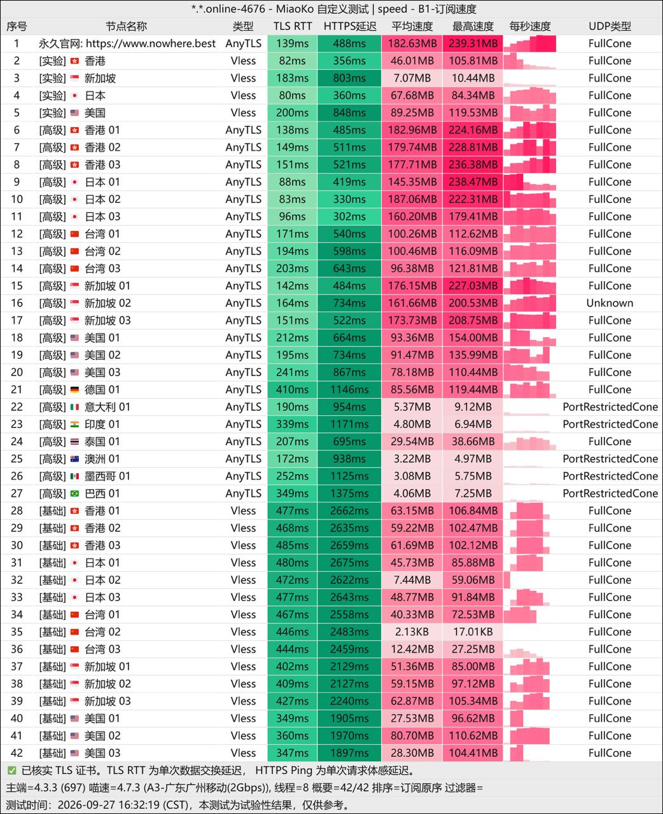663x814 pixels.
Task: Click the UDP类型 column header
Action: (610, 26)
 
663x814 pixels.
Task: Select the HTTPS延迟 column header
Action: (350, 26)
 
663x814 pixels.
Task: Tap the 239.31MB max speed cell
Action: (473, 44)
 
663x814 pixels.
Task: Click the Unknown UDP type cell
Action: (610, 303)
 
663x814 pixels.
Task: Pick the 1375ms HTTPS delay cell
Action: (349, 493)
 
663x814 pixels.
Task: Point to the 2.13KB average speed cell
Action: (412, 631)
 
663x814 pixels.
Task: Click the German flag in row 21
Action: (75, 390)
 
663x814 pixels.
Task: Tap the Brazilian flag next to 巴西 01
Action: (75, 493)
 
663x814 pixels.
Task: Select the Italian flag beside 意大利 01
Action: (75, 408)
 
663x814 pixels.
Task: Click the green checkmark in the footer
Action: (12, 770)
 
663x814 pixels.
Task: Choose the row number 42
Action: (17, 753)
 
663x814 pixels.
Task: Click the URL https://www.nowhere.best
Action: (151, 44)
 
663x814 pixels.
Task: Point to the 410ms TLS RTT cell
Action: (293, 390)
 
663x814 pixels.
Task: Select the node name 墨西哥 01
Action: (108, 476)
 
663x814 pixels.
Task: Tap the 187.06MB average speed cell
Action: (412, 199)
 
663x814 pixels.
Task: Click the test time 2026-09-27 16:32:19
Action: (109, 805)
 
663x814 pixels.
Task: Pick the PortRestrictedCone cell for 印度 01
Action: (610, 424)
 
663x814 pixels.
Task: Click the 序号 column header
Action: (17, 26)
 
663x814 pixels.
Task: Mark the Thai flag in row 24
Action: (75, 442)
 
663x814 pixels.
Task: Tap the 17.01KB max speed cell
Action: (473, 631)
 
